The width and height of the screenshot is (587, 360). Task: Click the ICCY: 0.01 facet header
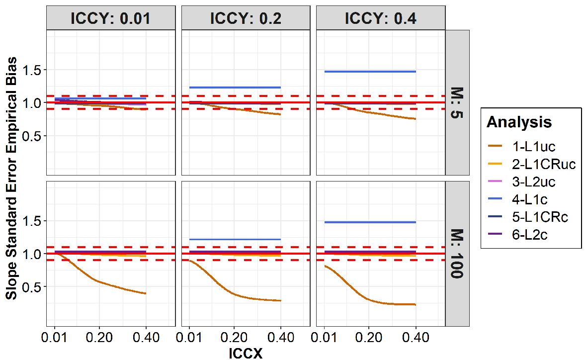[111, 18]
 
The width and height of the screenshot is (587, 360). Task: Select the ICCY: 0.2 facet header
[246, 18]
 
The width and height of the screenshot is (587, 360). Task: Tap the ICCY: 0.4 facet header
[380, 18]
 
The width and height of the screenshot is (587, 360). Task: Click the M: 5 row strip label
[457, 102]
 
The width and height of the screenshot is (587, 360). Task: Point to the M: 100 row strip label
[457, 254]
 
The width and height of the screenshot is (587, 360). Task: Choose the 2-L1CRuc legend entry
[531, 164]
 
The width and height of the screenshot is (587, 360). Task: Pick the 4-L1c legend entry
[517, 199]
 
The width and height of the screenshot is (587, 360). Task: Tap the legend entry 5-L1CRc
[527, 217]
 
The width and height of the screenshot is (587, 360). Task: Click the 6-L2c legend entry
[517, 235]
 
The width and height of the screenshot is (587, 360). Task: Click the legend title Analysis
[519, 122]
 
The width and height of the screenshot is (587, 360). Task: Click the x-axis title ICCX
[246, 353]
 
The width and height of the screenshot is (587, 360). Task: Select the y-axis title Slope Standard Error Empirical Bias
[11, 179]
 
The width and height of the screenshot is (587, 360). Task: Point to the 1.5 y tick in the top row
[33, 70]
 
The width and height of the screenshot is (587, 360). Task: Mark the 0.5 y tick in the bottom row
[33, 287]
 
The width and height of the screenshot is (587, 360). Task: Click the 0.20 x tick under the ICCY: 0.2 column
[234, 338]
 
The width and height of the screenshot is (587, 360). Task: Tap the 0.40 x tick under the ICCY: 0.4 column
[416, 338]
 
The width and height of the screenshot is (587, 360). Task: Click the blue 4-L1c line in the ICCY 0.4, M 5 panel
[370, 72]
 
